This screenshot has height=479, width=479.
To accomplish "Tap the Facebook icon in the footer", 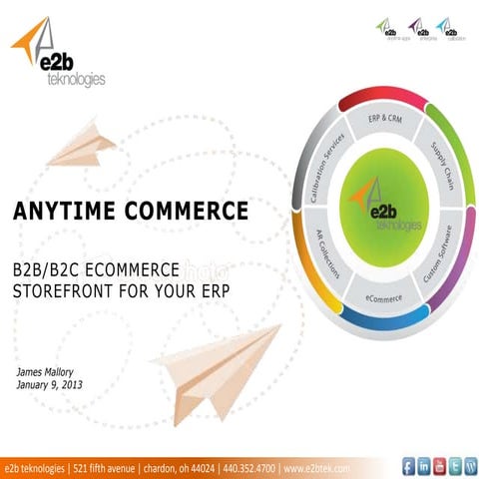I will click(407, 466).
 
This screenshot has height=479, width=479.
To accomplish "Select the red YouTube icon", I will click(438, 466).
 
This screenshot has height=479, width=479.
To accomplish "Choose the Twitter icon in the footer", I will click(454, 466).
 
